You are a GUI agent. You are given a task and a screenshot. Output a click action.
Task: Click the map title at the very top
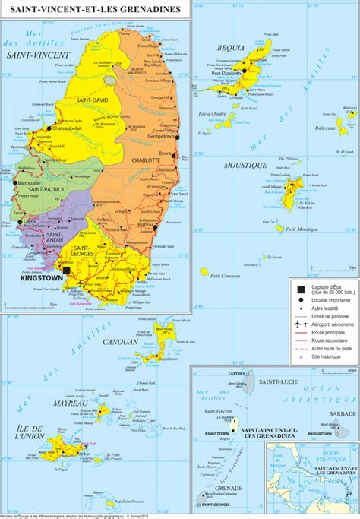click(90, 9)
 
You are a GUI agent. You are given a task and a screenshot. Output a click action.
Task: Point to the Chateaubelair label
click(72, 129)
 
